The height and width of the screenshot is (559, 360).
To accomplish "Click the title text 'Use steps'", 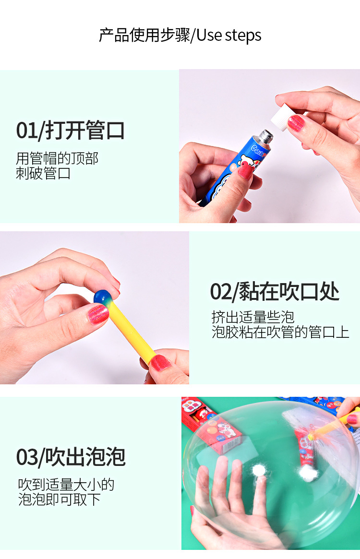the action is (x=228, y=36).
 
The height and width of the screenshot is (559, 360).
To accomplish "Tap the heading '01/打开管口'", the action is (x=71, y=130).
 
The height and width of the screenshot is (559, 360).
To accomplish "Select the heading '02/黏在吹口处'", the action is (x=275, y=291).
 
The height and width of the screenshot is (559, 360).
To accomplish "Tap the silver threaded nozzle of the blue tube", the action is (x=265, y=137).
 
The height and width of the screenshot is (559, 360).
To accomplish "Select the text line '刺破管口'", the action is (x=43, y=173).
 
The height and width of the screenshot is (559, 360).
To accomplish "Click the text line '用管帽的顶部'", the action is (x=57, y=158).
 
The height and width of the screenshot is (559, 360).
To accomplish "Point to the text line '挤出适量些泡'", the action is (x=252, y=317).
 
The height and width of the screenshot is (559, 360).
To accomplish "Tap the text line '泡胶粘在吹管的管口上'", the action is (x=280, y=332).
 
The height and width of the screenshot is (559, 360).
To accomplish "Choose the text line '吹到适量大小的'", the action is (x=66, y=485).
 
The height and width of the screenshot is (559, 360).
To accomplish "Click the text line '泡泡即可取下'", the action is (x=59, y=500).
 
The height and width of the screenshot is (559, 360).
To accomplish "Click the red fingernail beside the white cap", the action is (x=296, y=123).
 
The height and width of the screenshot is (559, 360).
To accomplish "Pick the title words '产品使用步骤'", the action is (x=144, y=36).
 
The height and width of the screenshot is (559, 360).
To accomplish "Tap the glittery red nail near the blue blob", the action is (x=98, y=314).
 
